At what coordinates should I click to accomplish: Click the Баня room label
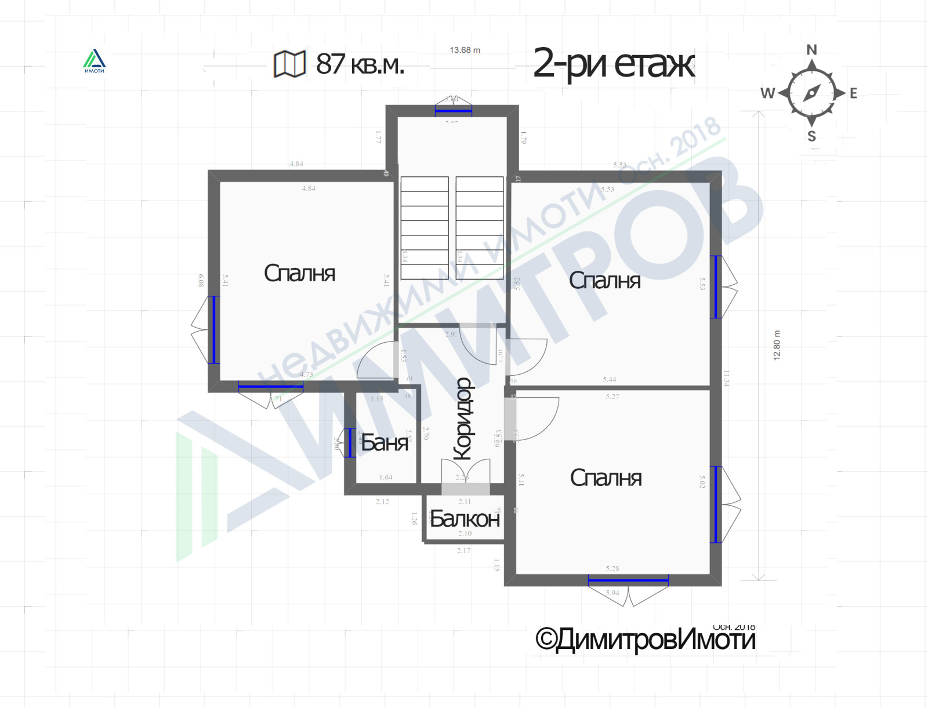coord(385,443)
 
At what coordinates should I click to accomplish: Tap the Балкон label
coord(465,519)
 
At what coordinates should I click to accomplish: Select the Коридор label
coord(463,419)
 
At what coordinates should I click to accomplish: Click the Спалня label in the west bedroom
coord(299,273)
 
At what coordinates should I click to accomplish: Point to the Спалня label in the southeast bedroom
coord(606,478)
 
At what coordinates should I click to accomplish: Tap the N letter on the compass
coord(811,50)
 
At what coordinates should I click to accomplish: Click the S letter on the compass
coord(811,136)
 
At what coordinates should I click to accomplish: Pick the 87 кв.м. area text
coord(360,64)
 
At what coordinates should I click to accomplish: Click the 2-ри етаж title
coord(613,64)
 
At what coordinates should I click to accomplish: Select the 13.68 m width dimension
coord(465,50)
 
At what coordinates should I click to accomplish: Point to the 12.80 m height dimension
coord(777,346)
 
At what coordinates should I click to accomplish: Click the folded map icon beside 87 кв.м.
coord(289,64)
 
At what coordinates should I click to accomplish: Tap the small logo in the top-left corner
coord(94,61)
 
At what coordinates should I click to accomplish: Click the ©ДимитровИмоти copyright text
coord(645,640)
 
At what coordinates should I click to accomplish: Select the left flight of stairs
coord(425,220)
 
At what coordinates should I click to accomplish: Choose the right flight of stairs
coord(479,220)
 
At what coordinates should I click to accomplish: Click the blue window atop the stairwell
coord(453,110)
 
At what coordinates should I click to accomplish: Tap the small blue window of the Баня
coord(350,443)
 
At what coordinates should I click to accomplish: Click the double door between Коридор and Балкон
coord(466,476)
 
